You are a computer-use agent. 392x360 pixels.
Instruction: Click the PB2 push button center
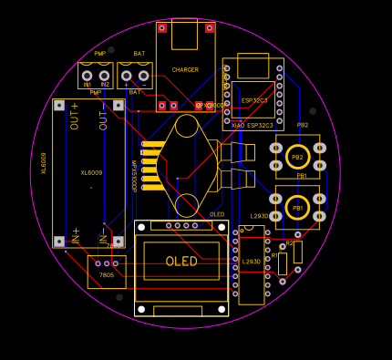pyautogui.click(x=297, y=157)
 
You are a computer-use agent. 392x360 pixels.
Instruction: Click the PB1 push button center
pyautogui.click(x=297, y=208)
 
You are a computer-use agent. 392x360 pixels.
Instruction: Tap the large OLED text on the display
pyautogui.click(x=181, y=261)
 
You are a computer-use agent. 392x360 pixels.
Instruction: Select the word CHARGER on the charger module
pyautogui.click(x=185, y=70)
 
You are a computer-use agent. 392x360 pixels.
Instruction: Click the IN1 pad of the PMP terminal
pyautogui.click(x=88, y=76)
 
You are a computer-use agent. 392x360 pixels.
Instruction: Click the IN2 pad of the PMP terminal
pyautogui.click(x=104, y=76)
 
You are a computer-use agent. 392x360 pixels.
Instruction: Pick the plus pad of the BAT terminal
pyautogui.click(x=127, y=76)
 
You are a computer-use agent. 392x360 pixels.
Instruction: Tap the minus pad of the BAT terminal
pyautogui.click(x=143, y=76)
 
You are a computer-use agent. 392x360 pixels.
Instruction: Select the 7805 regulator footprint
pyautogui.click(x=107, y=271)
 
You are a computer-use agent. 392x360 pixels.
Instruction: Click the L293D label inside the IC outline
pyautogui.click(x=252, y=262)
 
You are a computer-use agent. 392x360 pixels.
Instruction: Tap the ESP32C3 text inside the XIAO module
pyautogui.click(x=254, y=100)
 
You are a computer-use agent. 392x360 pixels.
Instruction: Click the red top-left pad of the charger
pyautogui.click(x=161, y=27)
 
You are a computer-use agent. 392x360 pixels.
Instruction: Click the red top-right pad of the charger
pyautogui.click(x=210, y=27)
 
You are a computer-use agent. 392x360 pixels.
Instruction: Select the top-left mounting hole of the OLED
pyautogui.click(x=141, y=226)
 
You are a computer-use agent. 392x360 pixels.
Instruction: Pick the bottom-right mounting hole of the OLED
pyautogui.click(x=222, y=310)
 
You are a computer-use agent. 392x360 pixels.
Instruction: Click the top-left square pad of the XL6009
pyautogui.click(x=59, y=106)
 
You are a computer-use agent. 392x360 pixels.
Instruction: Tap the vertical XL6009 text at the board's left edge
pyautogui.click(x=44, y=162)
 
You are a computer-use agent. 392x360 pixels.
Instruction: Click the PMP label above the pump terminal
pyautogui.click(x=99, y=54)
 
